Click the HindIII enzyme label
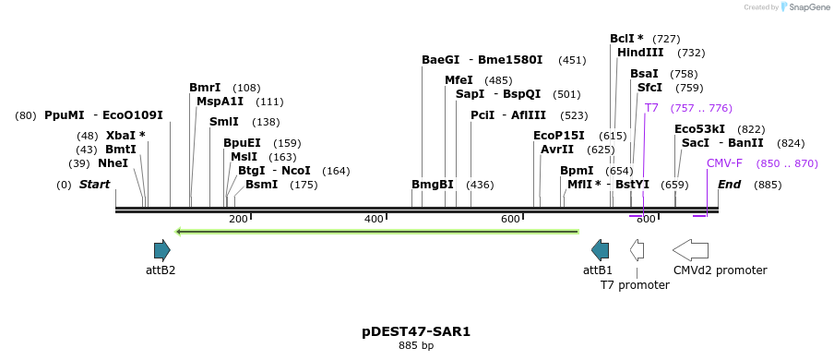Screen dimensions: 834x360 640,53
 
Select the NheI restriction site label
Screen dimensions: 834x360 113,163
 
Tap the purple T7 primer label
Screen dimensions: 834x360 651,108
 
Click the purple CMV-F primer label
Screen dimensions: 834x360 724,163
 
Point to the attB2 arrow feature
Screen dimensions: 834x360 161,249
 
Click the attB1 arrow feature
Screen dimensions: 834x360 600,249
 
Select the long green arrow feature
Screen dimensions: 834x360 376,231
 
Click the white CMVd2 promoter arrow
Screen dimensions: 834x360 690,249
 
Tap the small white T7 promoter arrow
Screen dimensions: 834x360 637,249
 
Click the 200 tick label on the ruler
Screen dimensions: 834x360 238,219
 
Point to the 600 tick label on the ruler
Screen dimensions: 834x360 510,219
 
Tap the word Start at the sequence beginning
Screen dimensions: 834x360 94,185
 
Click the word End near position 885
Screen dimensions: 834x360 729,185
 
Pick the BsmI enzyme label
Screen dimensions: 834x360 261,185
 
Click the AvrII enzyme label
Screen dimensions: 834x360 557,150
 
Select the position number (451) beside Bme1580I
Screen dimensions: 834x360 572,60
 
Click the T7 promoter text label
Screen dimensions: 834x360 635,285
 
